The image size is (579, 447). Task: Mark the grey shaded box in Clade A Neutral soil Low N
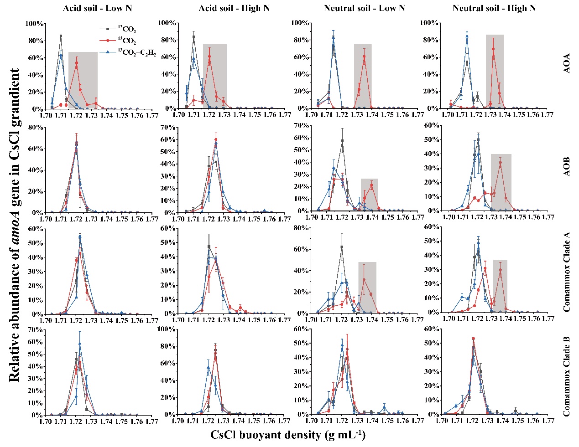tap(367, 287)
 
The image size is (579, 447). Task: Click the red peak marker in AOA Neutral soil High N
tap(493, 49)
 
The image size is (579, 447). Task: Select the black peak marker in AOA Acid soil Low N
tap(61, 36)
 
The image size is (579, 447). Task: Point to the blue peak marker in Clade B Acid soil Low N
tap(80, 344)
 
